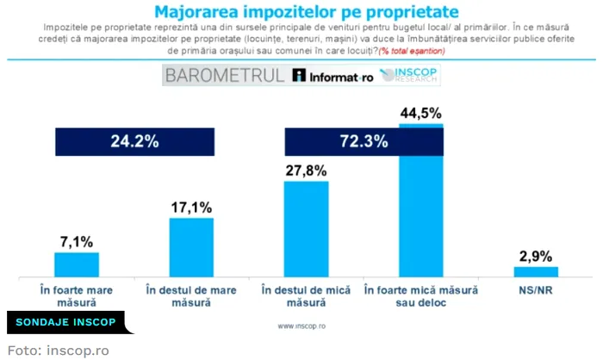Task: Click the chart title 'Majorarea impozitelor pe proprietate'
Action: point(301,11)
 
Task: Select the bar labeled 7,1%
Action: point(77,264)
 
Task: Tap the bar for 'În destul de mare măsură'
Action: point(190,247)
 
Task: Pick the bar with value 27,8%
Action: point(306,229)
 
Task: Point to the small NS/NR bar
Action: point(535,272)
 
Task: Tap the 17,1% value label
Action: point(190,208)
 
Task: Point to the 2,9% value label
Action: point(535,256)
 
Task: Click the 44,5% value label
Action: point(420,113)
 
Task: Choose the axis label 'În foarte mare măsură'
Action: point(77,295)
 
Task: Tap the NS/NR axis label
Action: point(535,289)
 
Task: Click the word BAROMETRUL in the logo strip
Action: point(225,75)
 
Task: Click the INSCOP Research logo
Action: point(407,75)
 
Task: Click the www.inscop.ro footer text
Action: point(301,327)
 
